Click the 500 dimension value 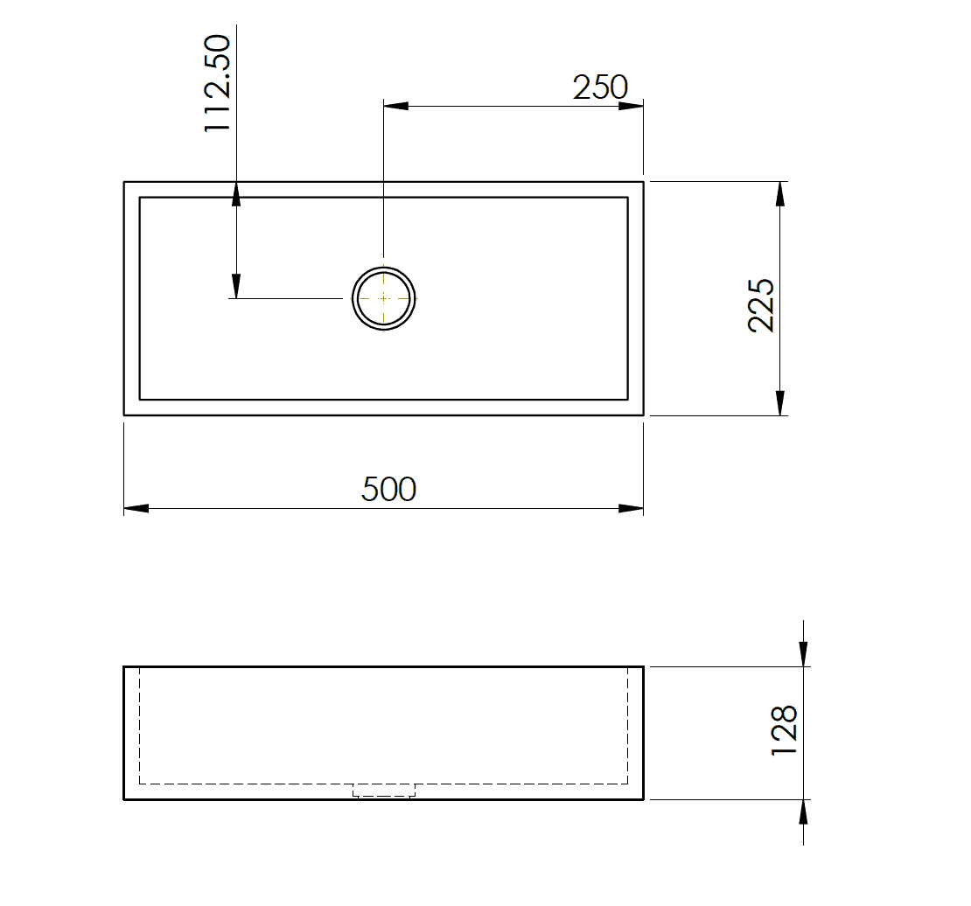coord(388,489)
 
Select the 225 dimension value coord(761,305)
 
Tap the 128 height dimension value coord(785,731)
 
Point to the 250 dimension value coord(600,87)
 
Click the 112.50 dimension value coord(216,83)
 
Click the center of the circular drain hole coord(383,298)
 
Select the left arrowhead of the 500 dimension coord(136,508)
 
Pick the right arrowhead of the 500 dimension coord(632,508)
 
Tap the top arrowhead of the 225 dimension coord(779,193)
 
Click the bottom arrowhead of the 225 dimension coord(779,403)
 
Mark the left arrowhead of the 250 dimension coord(396,107)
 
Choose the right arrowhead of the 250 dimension coord(632,107)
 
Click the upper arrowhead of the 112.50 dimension coord(236,193)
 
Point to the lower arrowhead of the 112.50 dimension coord(236,286)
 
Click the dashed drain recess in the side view coord(383,791)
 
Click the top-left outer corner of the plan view coord(124,182)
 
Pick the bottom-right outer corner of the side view coord(644,799)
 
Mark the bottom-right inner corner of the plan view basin coord(627,399)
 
